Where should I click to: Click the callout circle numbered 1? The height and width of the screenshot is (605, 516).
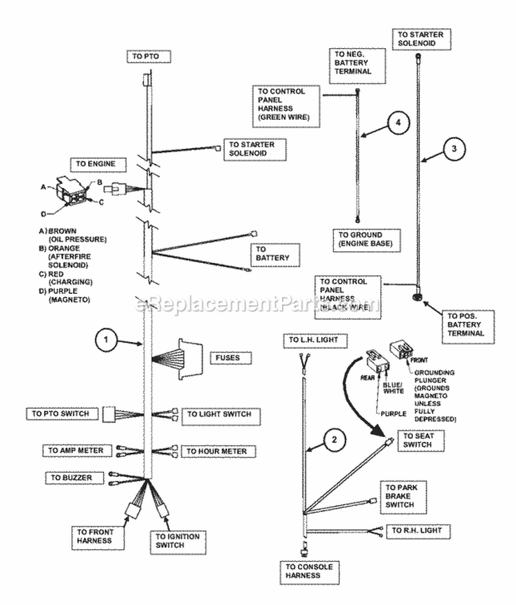(x=106, y=339)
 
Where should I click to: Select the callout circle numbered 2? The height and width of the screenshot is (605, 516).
(x=332, y=441)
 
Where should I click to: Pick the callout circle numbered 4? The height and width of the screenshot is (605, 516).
(x=398, y=123)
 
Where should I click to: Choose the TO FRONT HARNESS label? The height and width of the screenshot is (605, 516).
(x=96, y=536)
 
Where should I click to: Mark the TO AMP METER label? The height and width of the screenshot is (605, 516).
(x=76, y=450)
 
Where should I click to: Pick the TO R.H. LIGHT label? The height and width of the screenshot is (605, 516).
(x=420, y=531)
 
